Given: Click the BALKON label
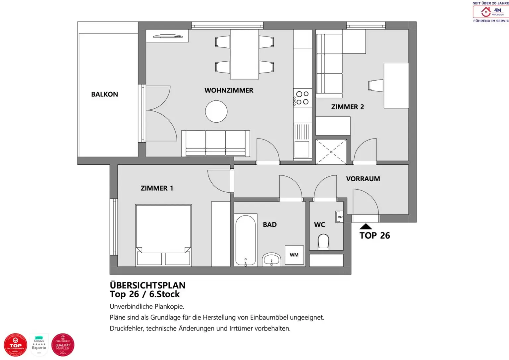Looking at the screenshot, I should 104,94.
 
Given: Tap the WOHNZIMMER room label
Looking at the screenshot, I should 229,90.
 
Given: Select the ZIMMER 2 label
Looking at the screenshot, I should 347,107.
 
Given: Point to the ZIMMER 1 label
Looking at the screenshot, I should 157,188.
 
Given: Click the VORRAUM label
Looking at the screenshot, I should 363,179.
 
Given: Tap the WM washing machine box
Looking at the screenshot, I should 294,255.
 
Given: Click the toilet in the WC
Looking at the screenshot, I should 323,242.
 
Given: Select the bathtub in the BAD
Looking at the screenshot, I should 246,240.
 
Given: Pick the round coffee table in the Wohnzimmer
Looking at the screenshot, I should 216,111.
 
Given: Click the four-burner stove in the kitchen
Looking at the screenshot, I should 302,98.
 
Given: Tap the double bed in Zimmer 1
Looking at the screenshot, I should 163,235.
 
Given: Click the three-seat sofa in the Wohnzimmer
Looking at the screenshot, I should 215,143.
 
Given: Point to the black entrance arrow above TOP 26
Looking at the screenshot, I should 366,226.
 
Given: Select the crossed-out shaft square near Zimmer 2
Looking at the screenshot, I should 331,152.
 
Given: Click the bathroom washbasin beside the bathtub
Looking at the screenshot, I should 271,260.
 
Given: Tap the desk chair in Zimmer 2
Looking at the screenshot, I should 375,85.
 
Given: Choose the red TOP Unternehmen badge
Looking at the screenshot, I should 15,345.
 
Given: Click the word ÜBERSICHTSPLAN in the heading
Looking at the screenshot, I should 147,285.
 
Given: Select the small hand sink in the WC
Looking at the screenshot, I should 339,217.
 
